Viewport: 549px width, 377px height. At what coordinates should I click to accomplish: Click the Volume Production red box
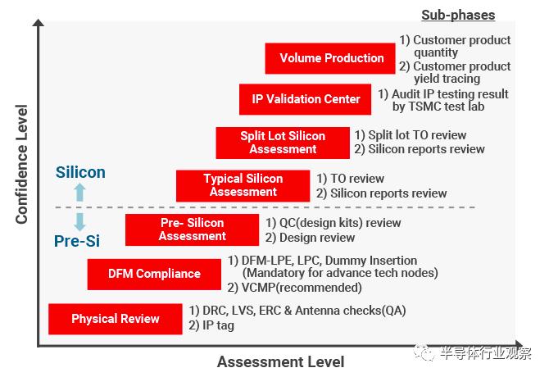pos(330,58)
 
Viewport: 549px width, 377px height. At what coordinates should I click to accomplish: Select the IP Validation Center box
pos(305,99)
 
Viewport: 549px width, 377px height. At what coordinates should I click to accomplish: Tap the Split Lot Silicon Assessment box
pos(283,143)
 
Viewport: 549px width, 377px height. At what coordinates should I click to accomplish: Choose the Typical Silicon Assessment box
pos(243,186)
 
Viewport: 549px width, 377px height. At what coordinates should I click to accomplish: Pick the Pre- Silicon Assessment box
pos(192,229)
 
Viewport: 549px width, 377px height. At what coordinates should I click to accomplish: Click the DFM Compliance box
pos(154,274)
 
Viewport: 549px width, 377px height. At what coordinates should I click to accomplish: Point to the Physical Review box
pos(116,319)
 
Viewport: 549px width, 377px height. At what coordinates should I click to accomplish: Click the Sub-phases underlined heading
pos(458,15)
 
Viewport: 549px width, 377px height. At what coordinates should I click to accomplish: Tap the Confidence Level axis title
pos(21,164)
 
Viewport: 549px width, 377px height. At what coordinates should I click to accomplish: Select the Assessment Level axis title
pos(280,362)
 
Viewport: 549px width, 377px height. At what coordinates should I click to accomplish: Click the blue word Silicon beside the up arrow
pos(80,172)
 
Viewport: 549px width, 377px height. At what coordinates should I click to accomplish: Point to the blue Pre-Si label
pos(77,241)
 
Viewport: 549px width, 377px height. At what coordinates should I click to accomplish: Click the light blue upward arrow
pos(79,192)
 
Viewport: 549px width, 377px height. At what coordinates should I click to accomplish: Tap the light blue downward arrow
pos(79,222)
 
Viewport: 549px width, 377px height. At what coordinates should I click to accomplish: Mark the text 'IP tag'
pos(218,325)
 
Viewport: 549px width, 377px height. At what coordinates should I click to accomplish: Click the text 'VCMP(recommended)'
pos(302,288)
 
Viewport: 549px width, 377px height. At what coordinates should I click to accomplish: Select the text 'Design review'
pos(317,238)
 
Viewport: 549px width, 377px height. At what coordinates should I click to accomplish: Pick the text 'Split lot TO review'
pos(417,135)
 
